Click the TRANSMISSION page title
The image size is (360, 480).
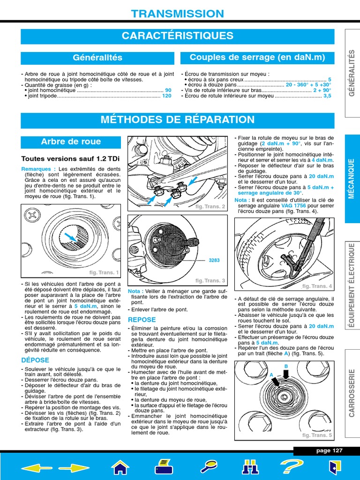(x=178, y=14)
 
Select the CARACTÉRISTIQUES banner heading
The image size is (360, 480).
(x=178, y=36)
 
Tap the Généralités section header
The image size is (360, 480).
(x=97, y=58)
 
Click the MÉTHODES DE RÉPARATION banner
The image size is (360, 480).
(x=178, y=120)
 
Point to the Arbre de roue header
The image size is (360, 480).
(x=71, y=142)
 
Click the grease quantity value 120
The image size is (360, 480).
(x=167, y=96)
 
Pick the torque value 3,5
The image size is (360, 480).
(x=327, y=96)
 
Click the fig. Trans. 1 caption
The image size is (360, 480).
(x=105, y=272)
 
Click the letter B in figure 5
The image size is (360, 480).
(x=285, y=366)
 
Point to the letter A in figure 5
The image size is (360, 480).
(x=271, y=375)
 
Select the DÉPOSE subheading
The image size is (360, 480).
(x=35, y=360)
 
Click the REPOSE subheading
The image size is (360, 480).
(x=142, y=319)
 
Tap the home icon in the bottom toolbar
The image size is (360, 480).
(x=120, y=467)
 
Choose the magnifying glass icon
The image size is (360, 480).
(x=208, y=467)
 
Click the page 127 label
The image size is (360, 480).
(x=330, y=451)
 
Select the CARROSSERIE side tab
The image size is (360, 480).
(x=352, y=393)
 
